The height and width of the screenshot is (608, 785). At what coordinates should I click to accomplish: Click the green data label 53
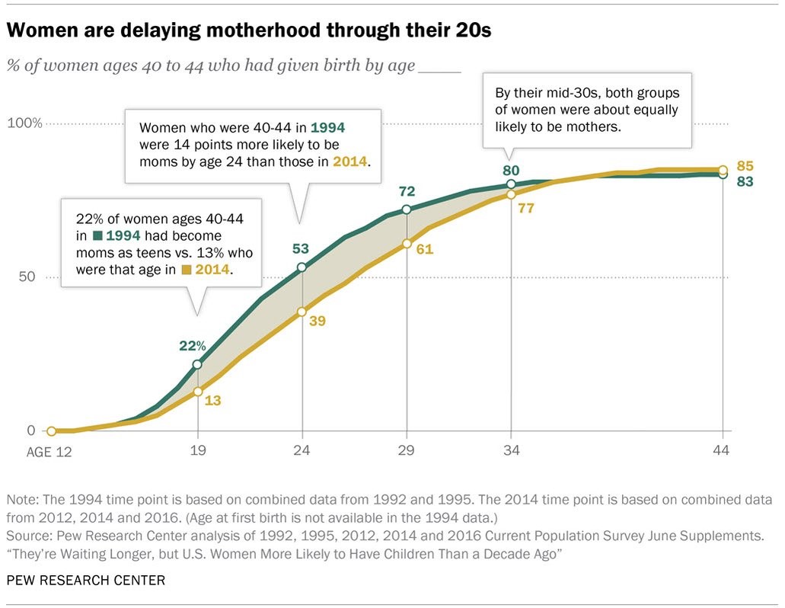(302, 249)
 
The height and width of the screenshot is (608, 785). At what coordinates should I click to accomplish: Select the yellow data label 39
(317, 321)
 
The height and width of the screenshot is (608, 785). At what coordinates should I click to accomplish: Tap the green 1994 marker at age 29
(407, 210)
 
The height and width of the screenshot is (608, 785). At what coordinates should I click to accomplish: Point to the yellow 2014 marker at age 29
(407, 244)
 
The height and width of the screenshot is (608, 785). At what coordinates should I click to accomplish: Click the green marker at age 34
(511, 184)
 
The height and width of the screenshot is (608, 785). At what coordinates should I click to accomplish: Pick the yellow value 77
(525, 207)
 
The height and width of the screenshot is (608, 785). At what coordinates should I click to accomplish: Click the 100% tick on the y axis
(24, 123)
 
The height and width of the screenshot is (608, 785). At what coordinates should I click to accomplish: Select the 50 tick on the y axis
(27, 277)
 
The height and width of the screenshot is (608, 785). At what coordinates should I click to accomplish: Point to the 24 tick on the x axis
(302, 450)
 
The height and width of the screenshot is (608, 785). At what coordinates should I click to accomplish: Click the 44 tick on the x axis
(721, 450)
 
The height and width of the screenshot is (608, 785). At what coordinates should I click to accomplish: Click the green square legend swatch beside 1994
(97, 235)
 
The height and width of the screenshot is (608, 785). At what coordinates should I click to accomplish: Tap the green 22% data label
(192, 345)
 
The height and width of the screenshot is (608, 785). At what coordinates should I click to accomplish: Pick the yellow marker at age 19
(198, 392)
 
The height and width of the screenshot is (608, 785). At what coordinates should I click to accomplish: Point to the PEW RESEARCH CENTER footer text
(85, 581)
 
